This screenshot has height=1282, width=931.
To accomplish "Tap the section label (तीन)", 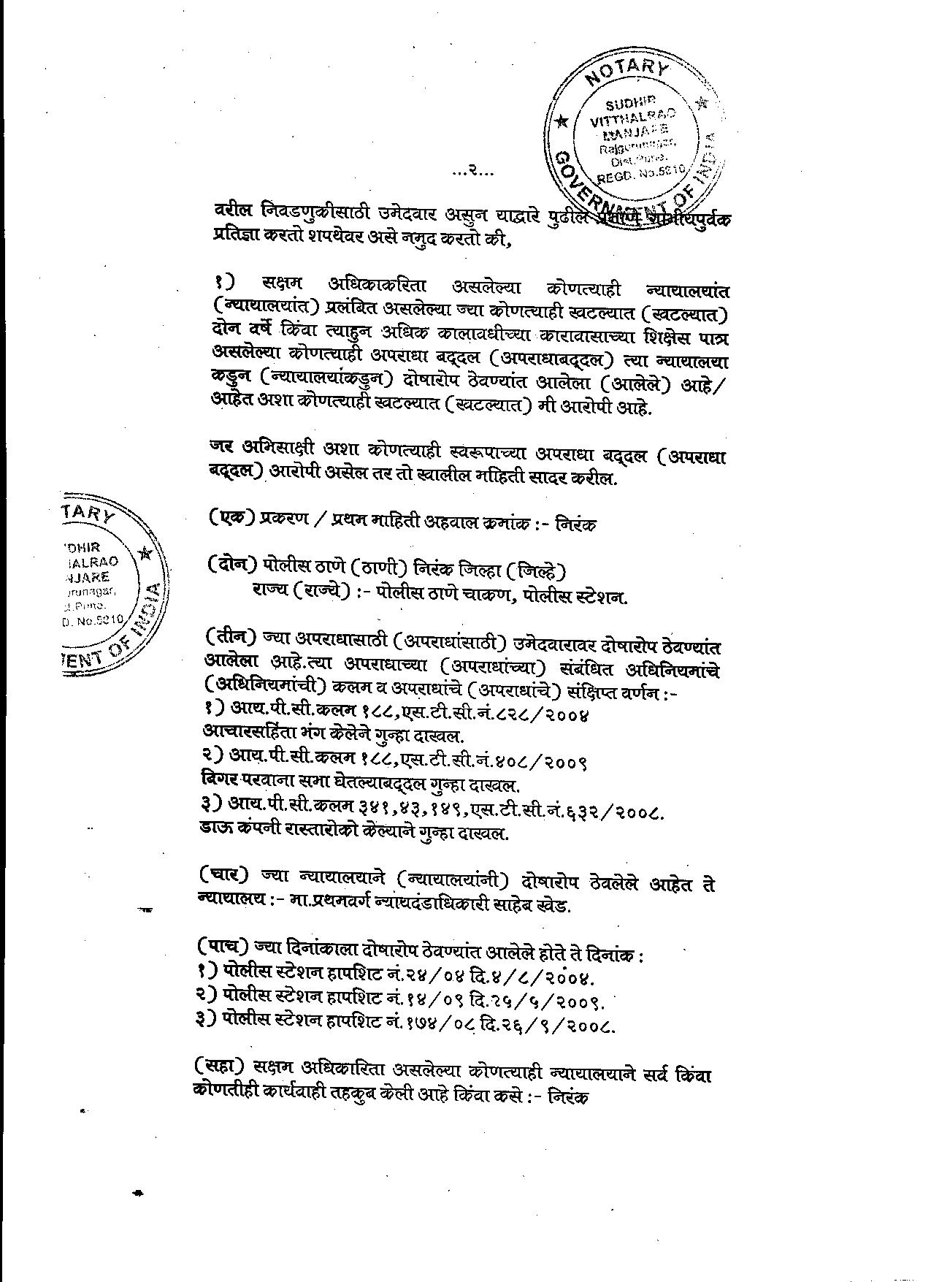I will pos(231,637).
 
